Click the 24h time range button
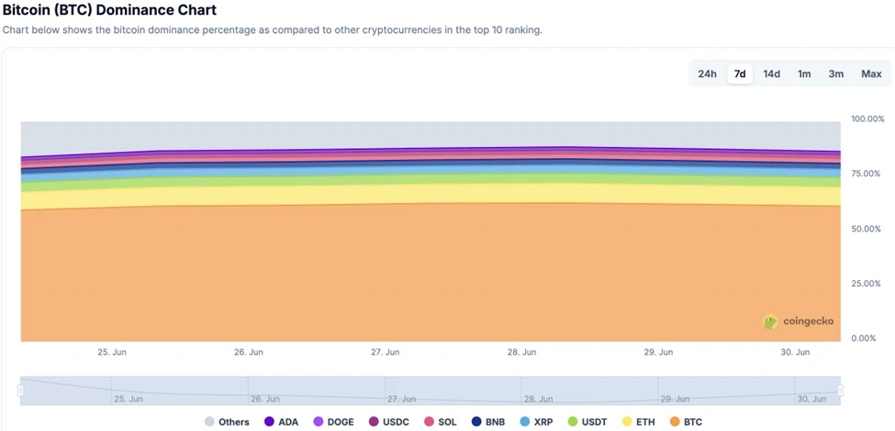[x=707, y=74]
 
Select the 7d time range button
[x=740, y=74]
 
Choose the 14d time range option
[x=772, y=74]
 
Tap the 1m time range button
[x=804, y=74]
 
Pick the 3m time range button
[x=836, y=74]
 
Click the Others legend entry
[x=226, y=422]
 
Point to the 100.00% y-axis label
[x=867, y=119]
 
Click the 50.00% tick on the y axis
[x=867, y=229]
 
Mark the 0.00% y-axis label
[x=867, y=339]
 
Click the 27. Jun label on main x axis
[x=385, y=352]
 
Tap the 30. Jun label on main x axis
[x=795, y=352]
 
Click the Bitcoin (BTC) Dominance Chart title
[x=110, y=11]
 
